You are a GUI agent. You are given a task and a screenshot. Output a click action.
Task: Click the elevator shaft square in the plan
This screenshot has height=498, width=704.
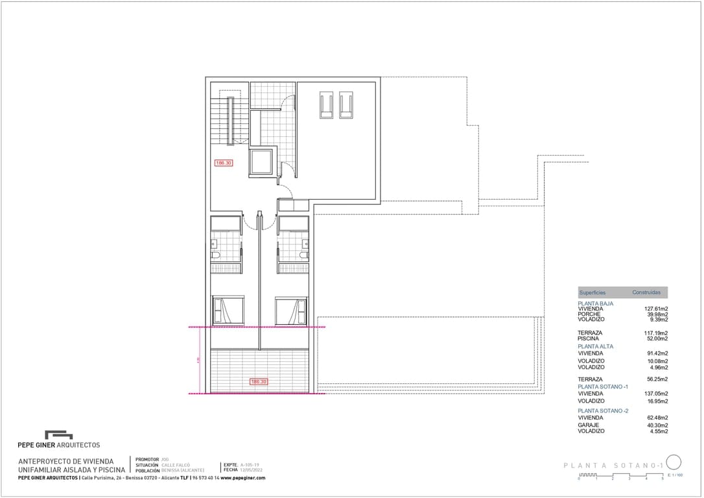[263, 163]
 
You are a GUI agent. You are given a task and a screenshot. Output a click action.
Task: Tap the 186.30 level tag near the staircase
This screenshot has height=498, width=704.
[224, 163]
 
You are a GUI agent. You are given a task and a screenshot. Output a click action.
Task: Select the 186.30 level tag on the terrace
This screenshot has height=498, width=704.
[259, 382]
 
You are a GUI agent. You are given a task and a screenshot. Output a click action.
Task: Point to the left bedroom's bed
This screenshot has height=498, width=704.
[228, 310]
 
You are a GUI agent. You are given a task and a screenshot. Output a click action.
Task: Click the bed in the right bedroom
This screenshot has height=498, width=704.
[290, 310]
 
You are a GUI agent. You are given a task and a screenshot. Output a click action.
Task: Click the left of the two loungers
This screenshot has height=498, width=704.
[326, 104]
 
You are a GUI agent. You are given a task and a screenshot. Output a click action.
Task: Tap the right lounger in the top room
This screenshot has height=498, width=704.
[346, 104]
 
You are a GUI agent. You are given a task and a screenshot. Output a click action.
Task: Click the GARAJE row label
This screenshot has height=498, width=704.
[589, 425]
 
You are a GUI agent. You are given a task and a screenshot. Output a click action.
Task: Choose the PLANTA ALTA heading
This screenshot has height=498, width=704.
[595, 346]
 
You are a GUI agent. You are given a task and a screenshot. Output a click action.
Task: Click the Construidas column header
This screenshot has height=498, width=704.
[646, 292]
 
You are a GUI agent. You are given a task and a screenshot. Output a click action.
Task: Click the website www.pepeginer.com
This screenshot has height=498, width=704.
[243, 478]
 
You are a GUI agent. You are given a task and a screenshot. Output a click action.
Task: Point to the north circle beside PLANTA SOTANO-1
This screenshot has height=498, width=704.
[674, 462]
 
